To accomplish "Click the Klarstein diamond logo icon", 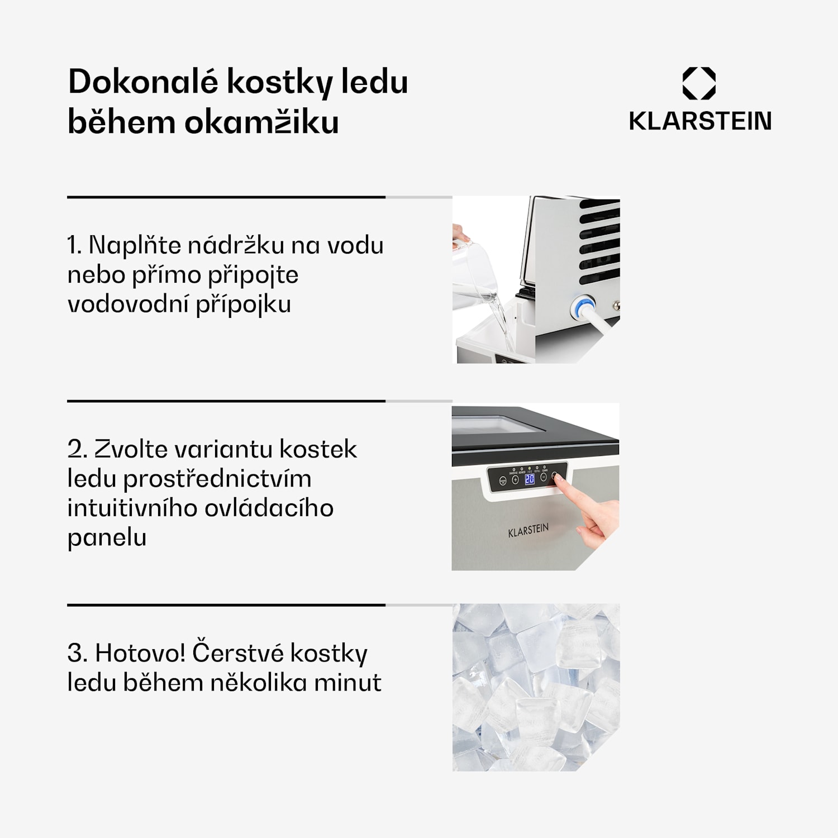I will coord(699,83).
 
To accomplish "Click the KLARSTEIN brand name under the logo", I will coord(700,121).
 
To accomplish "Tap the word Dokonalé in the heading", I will coord(143,82).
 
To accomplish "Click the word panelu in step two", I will coord(107,537).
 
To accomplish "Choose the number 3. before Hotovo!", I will coord(77,653).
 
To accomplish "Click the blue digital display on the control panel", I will coord(529,479).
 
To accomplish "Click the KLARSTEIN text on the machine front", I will coord(528,530).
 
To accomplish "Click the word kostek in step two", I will coord(317,449).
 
